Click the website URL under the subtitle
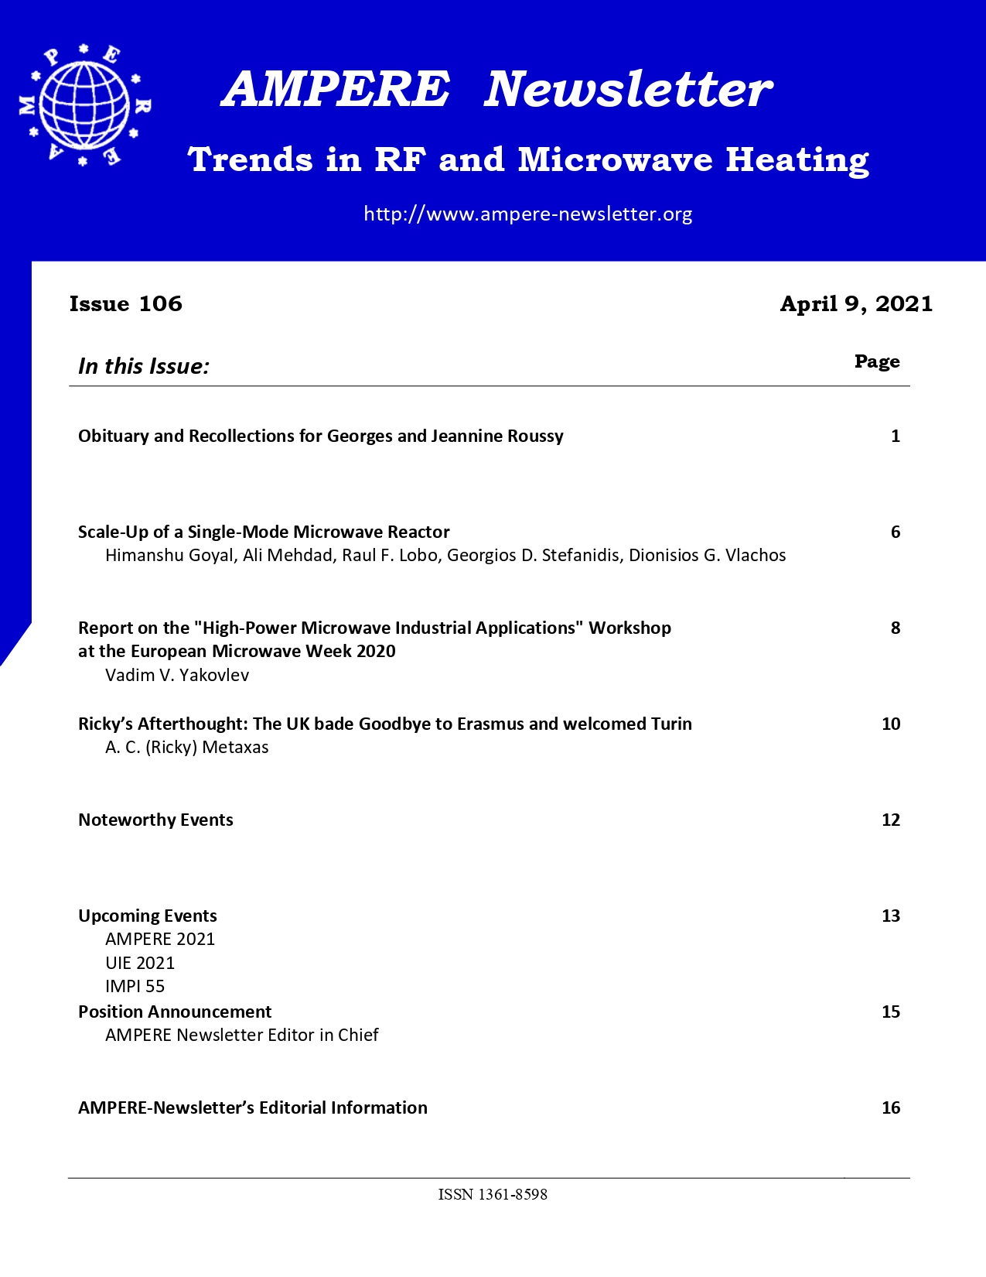pos(527,214)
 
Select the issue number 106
pos(161,303)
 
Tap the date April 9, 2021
pos(856,303)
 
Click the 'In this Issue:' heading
pos(144,366)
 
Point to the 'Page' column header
pos(877,361)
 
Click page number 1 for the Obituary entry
pos(896,437)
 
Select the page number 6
pos(896,532)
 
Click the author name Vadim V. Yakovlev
pos(177,675)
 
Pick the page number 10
pos(891,724)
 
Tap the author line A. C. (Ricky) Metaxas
pos(187,748)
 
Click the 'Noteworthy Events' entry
pos(155,820)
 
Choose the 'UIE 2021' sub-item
pos(140,963)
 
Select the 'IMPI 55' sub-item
pos(135,986)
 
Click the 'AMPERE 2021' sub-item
pos(160,940)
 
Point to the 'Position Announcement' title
pos(175,1012)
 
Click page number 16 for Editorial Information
pos(891,1108)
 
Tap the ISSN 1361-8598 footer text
pos(493,1195)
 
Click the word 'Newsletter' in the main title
pos(628,89)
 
